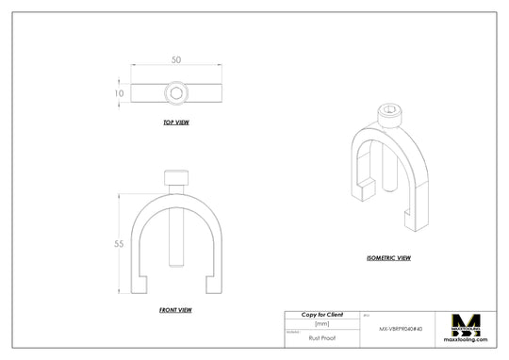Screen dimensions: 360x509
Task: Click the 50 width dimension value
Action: point(176,59)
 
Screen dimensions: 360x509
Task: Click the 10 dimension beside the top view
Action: point(119,93)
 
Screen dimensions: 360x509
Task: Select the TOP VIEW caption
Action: point(176,123)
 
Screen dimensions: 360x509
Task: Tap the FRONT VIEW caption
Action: point(176,309)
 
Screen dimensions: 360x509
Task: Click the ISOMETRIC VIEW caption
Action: point(388,257)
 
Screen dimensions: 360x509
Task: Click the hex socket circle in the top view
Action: point(176,92)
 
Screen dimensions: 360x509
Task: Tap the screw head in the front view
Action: point(176,177)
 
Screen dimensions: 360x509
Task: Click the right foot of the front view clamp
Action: point(213,284)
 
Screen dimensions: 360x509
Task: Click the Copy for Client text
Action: point(321,314)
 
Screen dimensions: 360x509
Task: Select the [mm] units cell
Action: point(321,323)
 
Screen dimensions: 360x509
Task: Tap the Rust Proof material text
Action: point(321,335)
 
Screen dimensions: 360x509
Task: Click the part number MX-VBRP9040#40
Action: point(407,330)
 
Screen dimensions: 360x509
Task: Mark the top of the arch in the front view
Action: point(176,194)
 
